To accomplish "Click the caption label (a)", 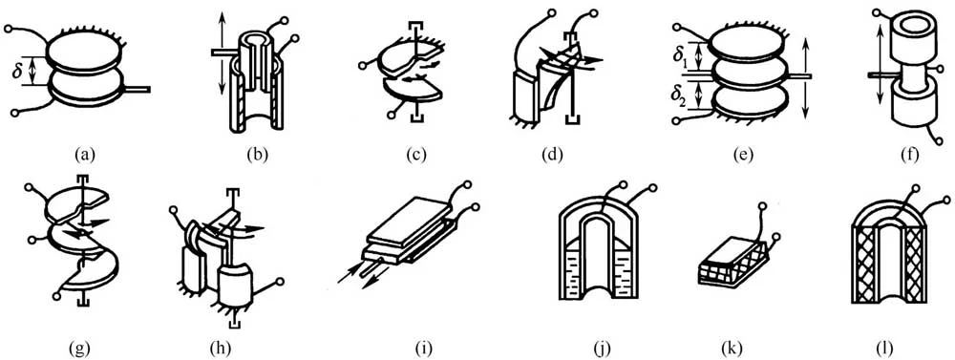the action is (x=85, y=156).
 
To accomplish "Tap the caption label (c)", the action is (x=416, y=156).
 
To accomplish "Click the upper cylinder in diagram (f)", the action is (x=910, y=34).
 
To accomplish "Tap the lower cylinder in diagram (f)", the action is (x=910, y=110).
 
